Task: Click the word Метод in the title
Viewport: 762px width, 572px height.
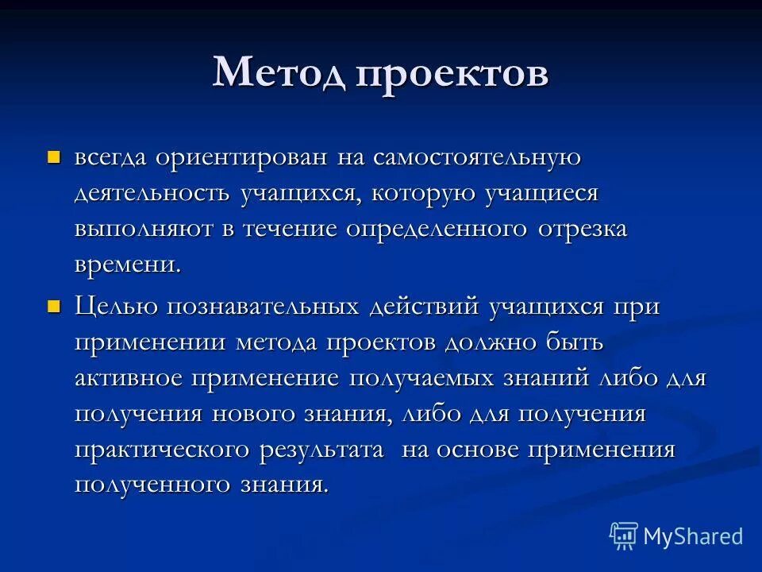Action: [x=278, y=74]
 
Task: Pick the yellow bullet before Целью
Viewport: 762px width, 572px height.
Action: [x=54, y=305]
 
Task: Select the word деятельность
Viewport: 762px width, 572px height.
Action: [x=153, y=193]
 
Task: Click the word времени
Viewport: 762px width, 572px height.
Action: [x=128, y=265]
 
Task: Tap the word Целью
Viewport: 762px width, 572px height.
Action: [x=117, y=307]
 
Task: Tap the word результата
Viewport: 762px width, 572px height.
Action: [x=333, y=450]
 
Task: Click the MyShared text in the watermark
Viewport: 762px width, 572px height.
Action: [x=693, y=536]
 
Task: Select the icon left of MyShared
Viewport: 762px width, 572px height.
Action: [x=623, y=536]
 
